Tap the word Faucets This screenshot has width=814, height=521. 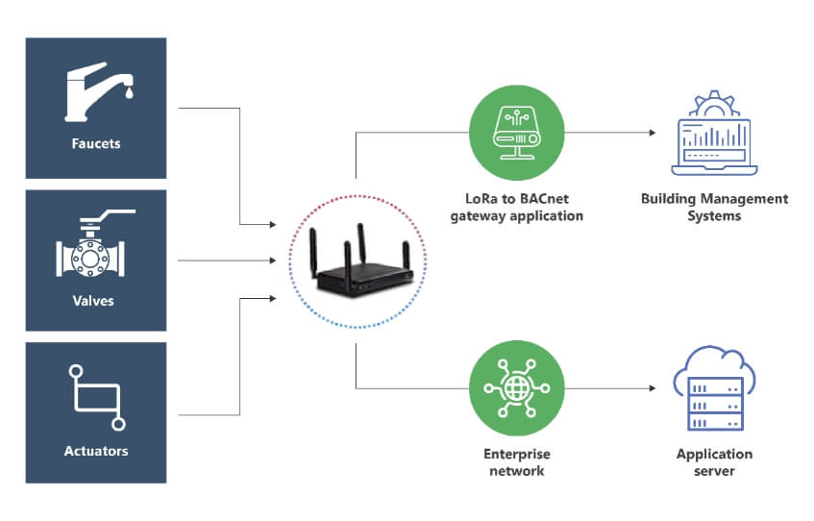(96, 145)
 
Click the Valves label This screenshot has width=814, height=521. (96, 300)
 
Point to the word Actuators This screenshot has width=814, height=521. (96, 450)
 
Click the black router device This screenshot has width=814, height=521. (358, 263)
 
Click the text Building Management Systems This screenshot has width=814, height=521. (714, 208)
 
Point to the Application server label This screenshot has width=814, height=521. (714, 462)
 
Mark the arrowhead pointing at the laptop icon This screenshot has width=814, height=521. (654, 133)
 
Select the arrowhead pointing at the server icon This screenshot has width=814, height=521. (654, 388)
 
